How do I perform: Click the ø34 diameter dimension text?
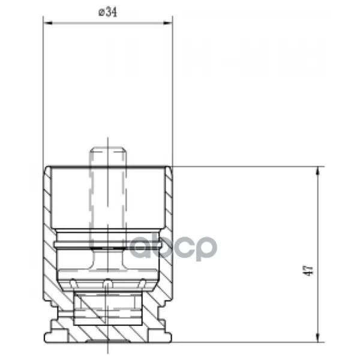[x=107, y=12]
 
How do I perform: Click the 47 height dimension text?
[x=308, y=271]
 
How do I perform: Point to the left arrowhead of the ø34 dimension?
[x=47, y=23]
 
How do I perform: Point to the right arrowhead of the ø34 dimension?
[x=168, y=23]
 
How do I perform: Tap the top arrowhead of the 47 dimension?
[x=318, y=171]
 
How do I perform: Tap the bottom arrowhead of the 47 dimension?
[x=318, y=337]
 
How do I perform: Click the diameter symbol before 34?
[x=101, y=12]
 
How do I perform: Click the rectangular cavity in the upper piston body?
[x=107, y=198]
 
